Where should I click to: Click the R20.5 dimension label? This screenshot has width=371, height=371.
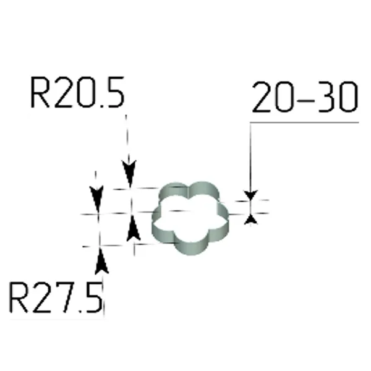pos(77,93)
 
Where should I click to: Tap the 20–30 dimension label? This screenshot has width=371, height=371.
pos(305,98)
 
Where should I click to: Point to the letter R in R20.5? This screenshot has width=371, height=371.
pos(40,93)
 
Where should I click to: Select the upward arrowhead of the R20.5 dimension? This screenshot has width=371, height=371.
pos(132,231)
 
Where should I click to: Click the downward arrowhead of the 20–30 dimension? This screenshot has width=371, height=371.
pos(250,194)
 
